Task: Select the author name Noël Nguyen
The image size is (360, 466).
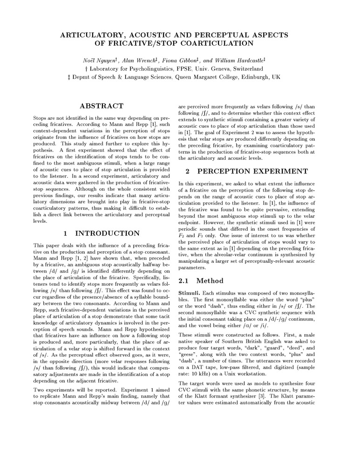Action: point(105,60)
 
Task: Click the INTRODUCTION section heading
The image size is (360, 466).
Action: point(107,233)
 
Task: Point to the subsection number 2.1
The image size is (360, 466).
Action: point(185,281)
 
